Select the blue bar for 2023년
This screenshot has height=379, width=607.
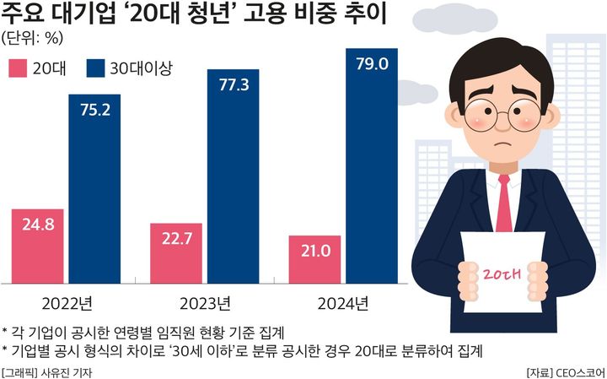pyautogui.click(x=234, y=177)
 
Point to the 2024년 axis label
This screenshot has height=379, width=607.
pyautogui.click(x=343, y=302)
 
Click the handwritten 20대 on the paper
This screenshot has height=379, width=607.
pyautogui.click(x=502, y=272)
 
